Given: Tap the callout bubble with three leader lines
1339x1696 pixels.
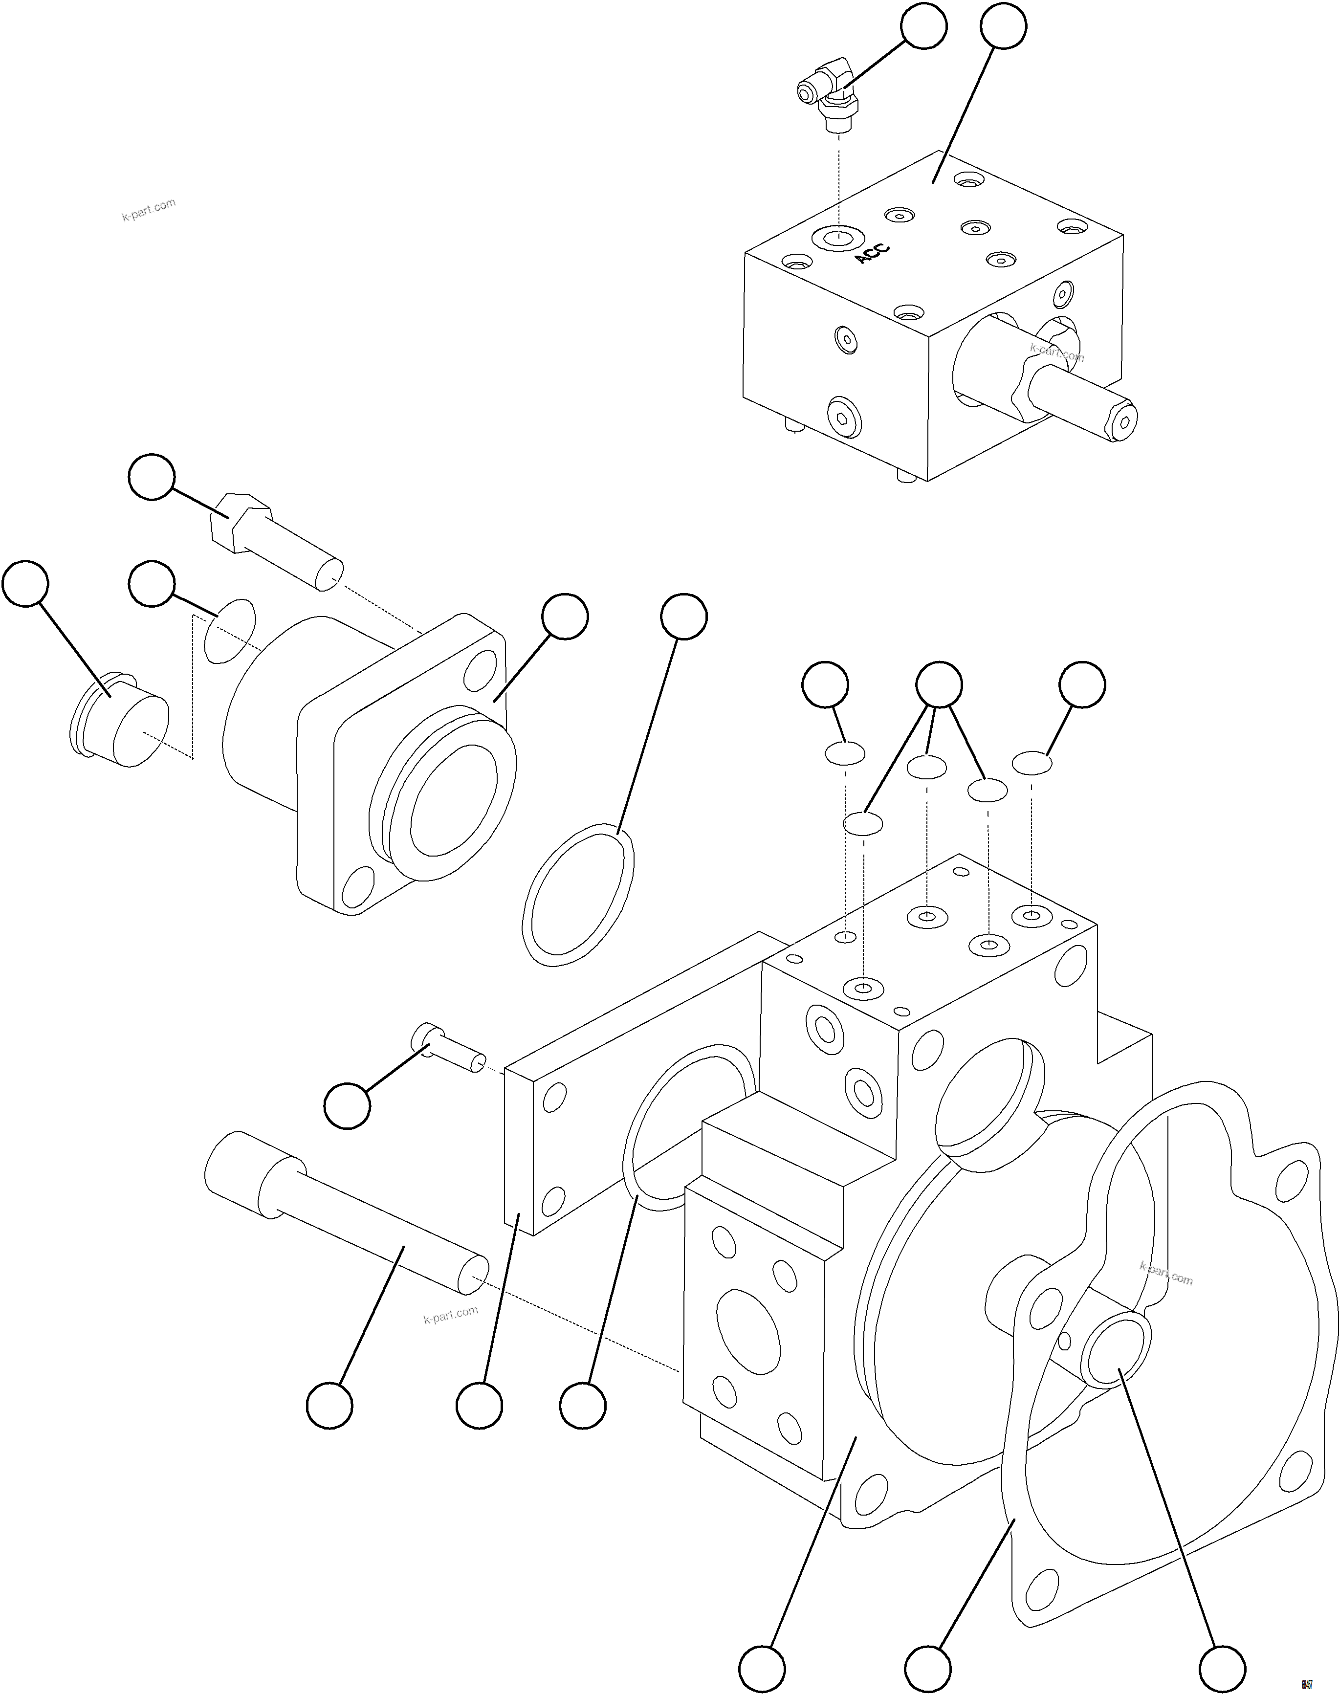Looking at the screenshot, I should pos(939,684).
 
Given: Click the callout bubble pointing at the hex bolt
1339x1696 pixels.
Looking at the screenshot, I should pos(152,476).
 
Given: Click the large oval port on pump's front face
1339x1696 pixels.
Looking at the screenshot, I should pos(748,1333).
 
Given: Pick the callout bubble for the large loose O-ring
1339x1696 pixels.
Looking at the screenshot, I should pos(683,617).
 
